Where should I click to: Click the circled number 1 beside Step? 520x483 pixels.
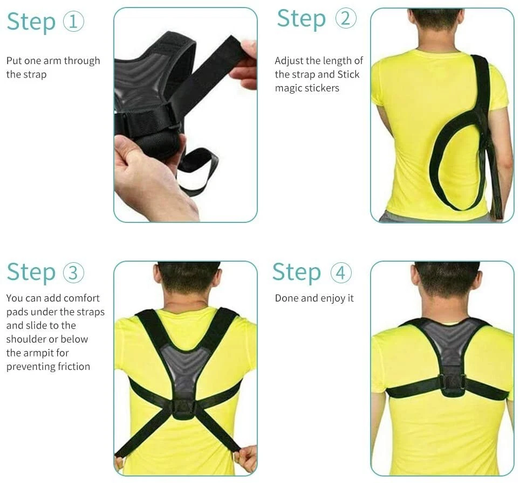click(x=73, y=21)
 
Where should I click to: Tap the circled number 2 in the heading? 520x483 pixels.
click(x=346, y=18)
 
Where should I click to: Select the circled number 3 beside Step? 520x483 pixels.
click(x=73, y=272)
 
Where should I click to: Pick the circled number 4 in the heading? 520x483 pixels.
click(x=341, y=272)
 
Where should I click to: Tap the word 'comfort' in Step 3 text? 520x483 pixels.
click(x=81, y=298)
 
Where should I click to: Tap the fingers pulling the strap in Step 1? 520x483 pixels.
click(x=245, y=63)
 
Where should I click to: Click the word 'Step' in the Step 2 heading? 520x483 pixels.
click(x=302, y=19)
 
